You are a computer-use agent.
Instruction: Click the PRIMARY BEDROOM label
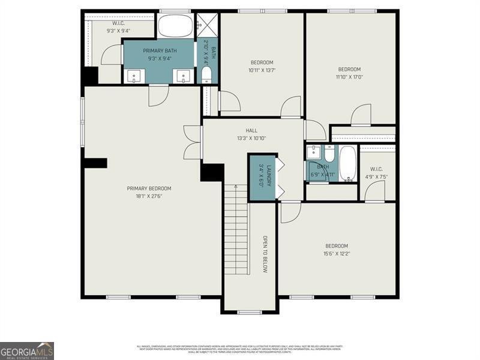[149, 188]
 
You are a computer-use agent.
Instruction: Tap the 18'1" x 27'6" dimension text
[149, 196]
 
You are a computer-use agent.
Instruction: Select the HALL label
[251, 130]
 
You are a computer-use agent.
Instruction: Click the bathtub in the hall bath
[347, 163]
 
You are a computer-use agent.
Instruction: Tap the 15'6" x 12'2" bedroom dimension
[337, 254]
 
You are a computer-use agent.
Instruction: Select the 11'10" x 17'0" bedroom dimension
[349, 77]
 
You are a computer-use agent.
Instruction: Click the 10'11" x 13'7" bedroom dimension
[262, 70]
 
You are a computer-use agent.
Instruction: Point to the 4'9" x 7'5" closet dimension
[377, 177]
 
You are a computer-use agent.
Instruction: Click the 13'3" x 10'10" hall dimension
[251, 138]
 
